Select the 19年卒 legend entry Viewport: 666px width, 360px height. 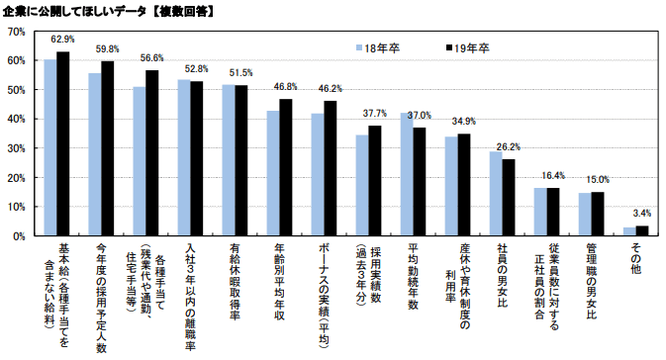tap(465, 46)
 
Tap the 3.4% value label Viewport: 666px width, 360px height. tap(641, 213)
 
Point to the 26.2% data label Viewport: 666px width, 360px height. tap(509, 147)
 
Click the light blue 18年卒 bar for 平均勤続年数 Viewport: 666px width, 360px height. tap(406, 174)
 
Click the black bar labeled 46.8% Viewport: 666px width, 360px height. tap(285, 167)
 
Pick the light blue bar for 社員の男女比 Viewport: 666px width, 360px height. tap(496, 194)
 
